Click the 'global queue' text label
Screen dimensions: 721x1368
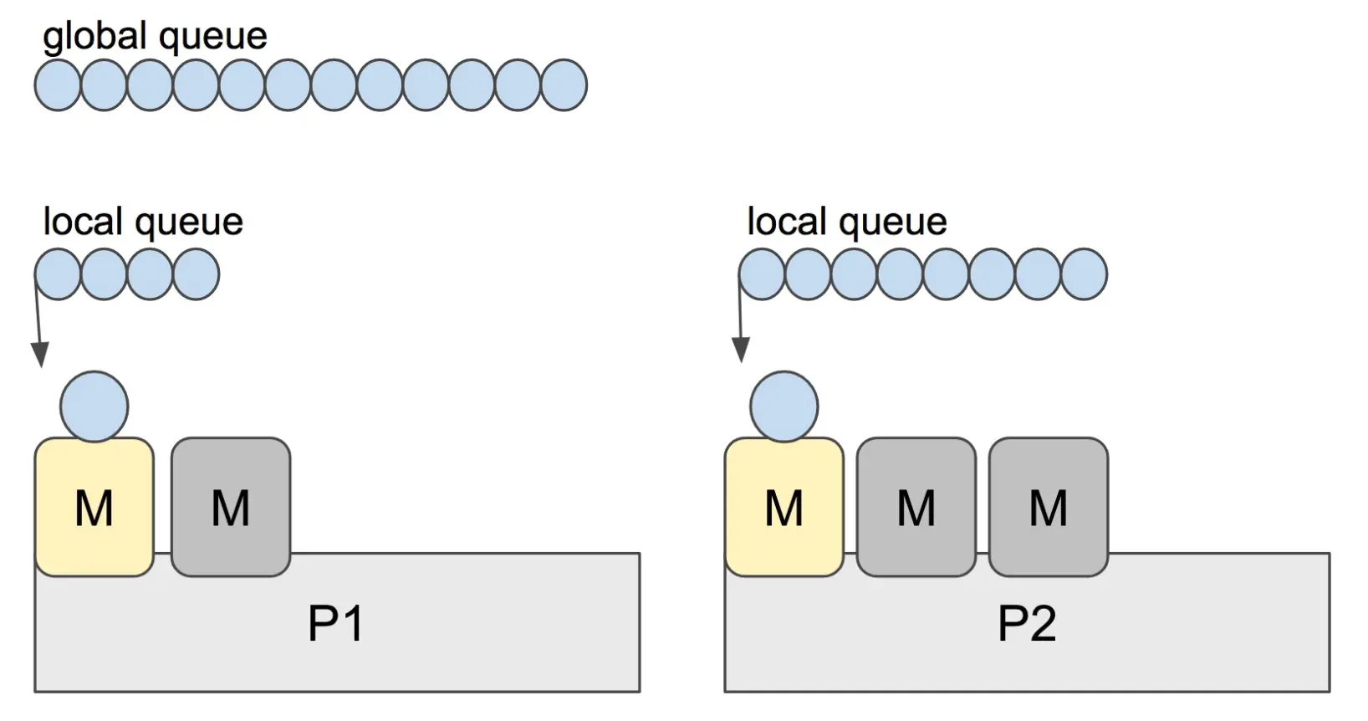[x=155, y=37]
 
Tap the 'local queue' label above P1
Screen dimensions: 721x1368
[x=143, y=222]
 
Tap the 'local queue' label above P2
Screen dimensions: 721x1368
[x=846, y=222]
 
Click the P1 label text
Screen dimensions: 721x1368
[x=335, y=623]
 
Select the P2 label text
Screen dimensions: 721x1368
[x=1027, y=623]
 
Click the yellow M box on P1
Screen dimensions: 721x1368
[x=94, y=507]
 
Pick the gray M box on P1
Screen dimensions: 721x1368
[x=231, y=507]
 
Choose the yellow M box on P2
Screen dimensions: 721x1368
[x=784, y=507]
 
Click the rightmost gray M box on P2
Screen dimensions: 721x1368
[x=1049, y=507]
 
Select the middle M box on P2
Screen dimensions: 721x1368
[x=916, y=507]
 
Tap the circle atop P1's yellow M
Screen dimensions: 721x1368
[x=94, y=407]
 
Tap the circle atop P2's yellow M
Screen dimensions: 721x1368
[x=784, y=407]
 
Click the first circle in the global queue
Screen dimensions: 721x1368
[x=58, y=85]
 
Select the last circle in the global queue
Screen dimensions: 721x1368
[x=564, y=85]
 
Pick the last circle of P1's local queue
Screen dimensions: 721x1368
[x=196, y=274]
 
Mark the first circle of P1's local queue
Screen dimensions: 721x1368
[x=58, y=274]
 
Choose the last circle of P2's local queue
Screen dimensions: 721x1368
[x=1084, y=274]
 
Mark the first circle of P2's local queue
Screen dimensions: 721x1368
[x=762, y=274]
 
